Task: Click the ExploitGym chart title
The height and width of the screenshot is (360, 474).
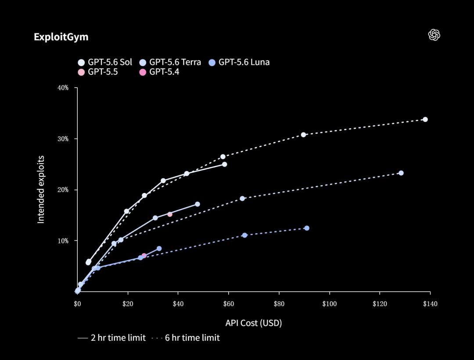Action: (x=61, y=37)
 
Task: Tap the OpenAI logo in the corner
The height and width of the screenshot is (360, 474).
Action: (x=434, y=35)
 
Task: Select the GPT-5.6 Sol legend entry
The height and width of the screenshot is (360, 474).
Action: (x=105, y=62)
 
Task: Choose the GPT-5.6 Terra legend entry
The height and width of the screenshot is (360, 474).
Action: (x=170, y=62)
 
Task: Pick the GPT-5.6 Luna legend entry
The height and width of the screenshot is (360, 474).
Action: (x=239, y=62)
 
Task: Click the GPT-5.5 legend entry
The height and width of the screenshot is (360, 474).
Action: (x=97, y=72)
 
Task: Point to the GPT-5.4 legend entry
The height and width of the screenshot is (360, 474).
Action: (x=159, y=72)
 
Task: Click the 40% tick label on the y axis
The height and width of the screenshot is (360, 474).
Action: (x=63, y=88)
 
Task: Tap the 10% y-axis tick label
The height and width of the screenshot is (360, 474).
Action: (x=63, y=241)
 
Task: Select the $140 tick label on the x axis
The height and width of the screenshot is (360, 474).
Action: (x=430, y=304)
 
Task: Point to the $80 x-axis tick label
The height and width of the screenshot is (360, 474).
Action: (x=279, y=304)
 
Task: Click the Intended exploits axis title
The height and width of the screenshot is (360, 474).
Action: (x=41, y=190)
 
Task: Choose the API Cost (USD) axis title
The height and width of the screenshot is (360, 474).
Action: (x=254, y=323)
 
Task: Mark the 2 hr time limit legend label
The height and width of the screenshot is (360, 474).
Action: (x=118, y=338)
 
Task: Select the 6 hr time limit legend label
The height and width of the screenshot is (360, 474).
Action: (x=192, y=338)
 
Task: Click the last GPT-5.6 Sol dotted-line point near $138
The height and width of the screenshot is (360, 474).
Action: (x=425, y=120)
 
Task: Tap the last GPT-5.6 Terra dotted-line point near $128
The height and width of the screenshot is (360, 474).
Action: (x=401, y=173)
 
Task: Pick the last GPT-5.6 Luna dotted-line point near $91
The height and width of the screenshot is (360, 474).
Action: (x=307, y=228)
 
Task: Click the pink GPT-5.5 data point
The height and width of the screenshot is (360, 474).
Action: (x=170, y=214)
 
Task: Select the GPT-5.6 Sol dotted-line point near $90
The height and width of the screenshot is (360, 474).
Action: (x=304, y=135)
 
